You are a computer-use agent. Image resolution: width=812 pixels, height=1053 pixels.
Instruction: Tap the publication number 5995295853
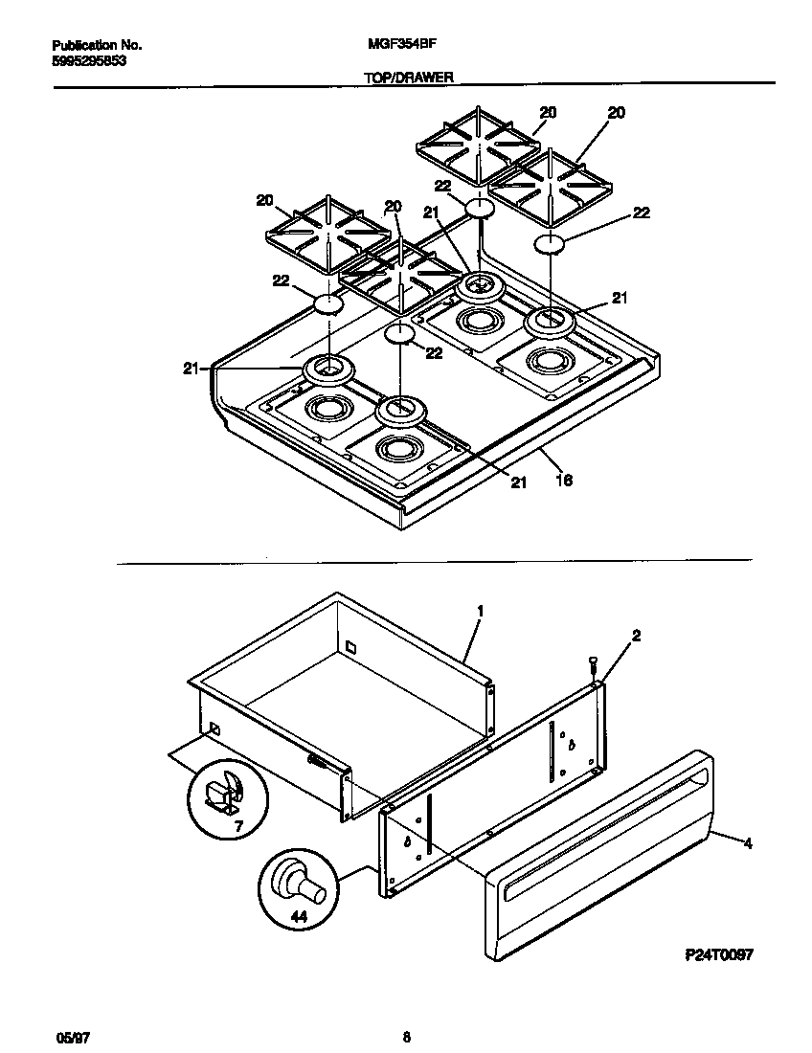(x=88, y=59)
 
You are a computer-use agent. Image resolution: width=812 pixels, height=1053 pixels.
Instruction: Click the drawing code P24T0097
(x=719, y=954)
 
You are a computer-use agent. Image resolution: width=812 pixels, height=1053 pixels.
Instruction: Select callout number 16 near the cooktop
(x=564, y=481)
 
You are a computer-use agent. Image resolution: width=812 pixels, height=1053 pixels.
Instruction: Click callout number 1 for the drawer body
(x=480, y=610)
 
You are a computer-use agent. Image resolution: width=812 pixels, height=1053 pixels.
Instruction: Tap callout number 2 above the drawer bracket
(x=635, y=636)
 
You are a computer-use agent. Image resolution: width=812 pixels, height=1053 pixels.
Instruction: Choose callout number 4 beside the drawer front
(x=748, y=844)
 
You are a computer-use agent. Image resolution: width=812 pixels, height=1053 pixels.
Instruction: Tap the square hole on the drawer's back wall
(x=351, y=646)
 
